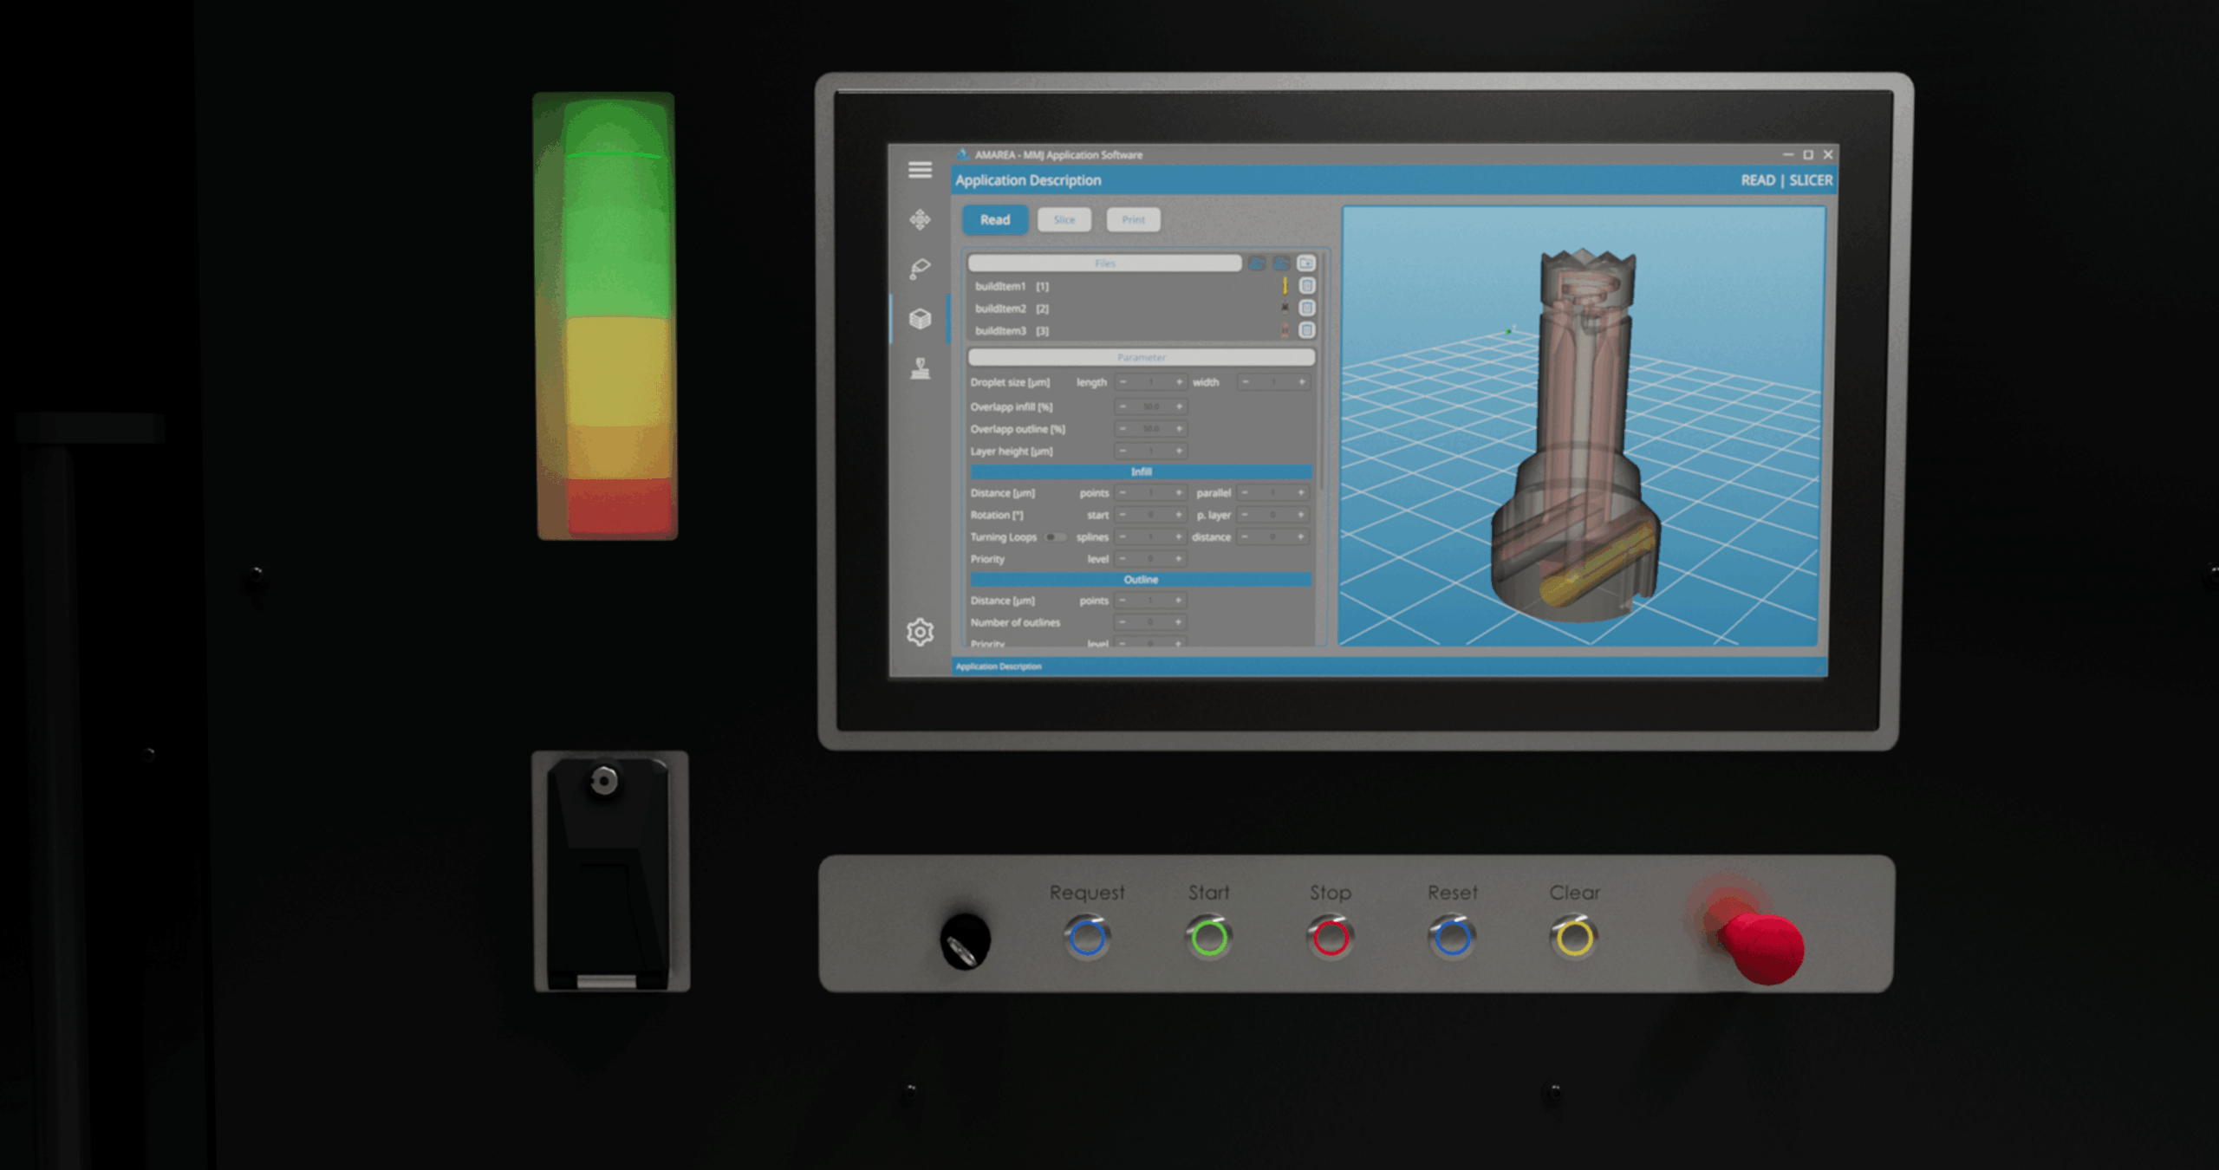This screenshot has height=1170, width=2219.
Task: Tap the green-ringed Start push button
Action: coord(1209,938)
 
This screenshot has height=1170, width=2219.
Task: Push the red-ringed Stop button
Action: coord(1331,938)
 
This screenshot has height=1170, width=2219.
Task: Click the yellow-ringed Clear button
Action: coord(1574,938)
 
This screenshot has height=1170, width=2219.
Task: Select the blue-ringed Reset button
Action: coord(1453,938)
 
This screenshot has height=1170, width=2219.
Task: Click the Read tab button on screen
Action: coord(994,220)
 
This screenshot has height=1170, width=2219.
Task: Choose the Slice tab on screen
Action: coord(1064,220)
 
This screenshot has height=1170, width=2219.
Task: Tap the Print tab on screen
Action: coord(1133,220)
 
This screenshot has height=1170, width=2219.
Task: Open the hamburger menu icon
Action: coord(920,170)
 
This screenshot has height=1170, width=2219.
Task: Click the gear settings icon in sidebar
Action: coord(920,632)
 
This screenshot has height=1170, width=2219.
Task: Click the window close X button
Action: coord(1828,155)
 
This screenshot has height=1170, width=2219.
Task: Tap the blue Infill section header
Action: coord(1141,471)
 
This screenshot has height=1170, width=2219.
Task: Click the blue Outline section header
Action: coord(1141,579)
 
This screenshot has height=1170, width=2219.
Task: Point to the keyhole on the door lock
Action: coord(604,782)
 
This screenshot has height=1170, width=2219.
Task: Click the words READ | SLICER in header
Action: coord(1786,180)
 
